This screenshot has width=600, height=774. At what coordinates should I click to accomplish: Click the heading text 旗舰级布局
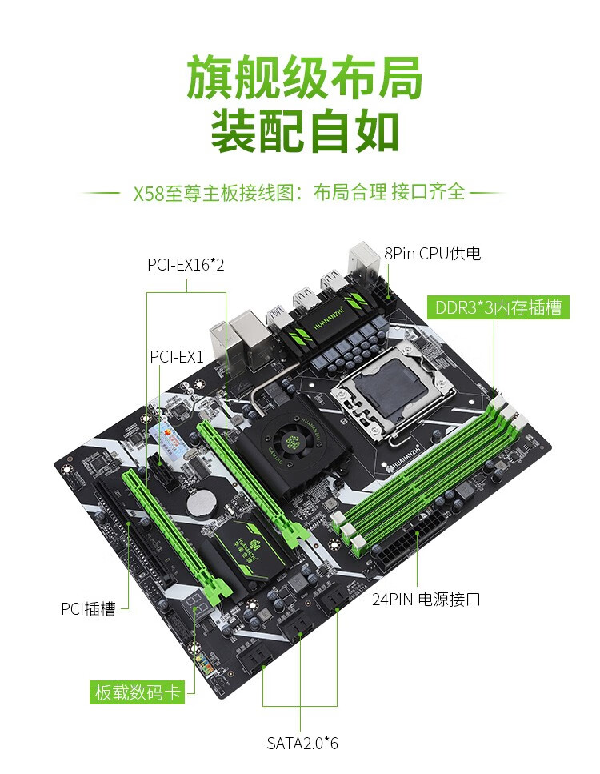[x=303, y=78]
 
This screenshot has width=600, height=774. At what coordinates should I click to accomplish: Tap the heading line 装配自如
[x=303, y=131]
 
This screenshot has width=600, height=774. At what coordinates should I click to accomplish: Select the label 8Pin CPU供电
[x=432, y=254]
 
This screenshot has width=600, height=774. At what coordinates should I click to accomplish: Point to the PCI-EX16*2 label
[x=186, y=264]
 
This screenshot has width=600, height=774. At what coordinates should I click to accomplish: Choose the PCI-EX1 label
[x=177, y=355]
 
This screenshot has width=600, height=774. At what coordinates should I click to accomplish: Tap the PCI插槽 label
[x=89, y=608]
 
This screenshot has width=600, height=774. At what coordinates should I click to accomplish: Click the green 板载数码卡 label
[x=137, y=692]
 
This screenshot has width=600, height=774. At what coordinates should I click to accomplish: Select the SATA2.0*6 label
[x=302, y=743]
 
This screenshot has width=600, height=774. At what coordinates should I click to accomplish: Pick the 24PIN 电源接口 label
[x=426, y=599]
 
